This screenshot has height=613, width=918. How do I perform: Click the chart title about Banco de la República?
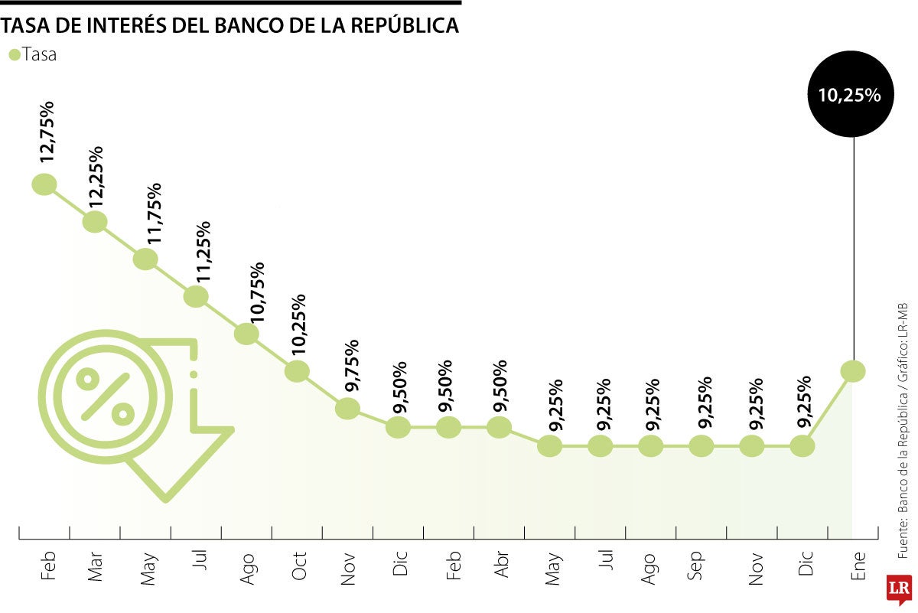pos(229,25)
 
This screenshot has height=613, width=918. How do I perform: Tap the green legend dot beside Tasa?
pos(14,54)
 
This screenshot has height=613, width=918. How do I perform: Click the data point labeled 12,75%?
pos(44,184)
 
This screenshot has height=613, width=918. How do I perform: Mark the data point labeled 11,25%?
pos(196,296)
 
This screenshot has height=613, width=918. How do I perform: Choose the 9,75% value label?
pos(354,366)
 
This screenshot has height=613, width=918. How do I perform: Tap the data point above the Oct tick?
pos(297,371)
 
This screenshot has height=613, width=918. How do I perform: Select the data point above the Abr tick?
pos(499,427)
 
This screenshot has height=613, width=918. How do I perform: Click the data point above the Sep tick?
pos(702,445)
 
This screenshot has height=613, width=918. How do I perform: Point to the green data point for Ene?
pos(853,371)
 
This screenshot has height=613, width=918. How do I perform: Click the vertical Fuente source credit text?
pos(903,429)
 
